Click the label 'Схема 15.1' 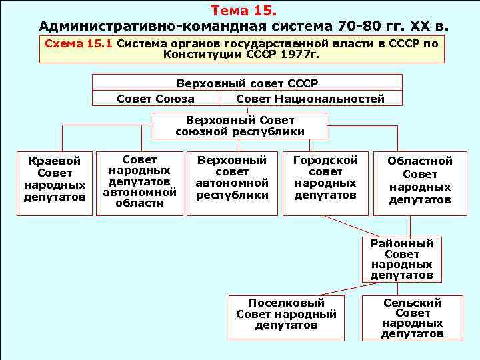coord(79,43)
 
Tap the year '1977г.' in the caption coord(298,54)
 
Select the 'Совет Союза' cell coord(155,99)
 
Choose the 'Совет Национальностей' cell coord(310,99)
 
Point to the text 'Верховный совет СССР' coord(247,84)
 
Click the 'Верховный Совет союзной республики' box coord(240,126)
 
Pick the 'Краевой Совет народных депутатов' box coord(55,179)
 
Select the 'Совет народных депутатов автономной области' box coord(139,181)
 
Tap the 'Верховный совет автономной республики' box coord(232,178)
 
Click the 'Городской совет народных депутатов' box coord(325,178)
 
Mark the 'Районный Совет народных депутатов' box coord(402,259)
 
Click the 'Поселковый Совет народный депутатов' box coord(286,314)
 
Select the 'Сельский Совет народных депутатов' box coord(412,318)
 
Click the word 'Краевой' coord(55,161)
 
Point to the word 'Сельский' coord(412,303)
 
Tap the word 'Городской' coord(325,160)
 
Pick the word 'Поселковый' coord(286,303)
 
